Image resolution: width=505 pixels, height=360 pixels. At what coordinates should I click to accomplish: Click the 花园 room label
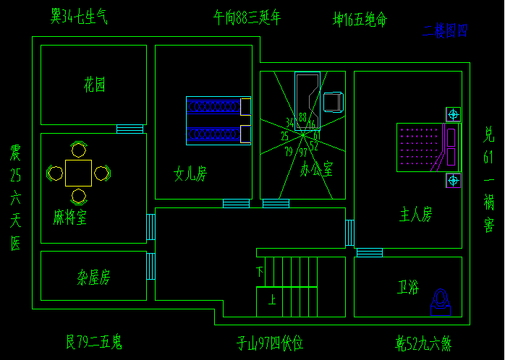click(x=94, y=85)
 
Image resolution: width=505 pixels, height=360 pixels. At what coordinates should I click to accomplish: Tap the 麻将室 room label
click(x=70, y=217)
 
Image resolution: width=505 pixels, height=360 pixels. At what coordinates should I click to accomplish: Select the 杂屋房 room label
click(x=94, y=277)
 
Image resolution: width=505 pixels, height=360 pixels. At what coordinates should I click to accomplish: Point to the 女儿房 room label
click(x=190, y=173)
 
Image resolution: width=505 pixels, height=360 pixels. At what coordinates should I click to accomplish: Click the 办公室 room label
click(x=316, y=170)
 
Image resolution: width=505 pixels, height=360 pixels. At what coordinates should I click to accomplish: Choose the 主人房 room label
click(x=416, y=214)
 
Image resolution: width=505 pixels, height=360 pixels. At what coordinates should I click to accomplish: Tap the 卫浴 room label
click(x=408, y=286)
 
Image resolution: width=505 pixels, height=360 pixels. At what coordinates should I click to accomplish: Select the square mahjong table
click(x=78, y=173)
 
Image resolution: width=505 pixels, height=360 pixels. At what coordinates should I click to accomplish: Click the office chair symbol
click(x=333, y=101)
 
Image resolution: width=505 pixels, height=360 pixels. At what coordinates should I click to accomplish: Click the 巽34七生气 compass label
click(x=79, y=16)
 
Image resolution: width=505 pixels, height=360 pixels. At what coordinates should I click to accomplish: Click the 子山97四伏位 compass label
click(x=270, y=343)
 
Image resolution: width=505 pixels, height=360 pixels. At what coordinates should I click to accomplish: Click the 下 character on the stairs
click(x=260, y=272)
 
